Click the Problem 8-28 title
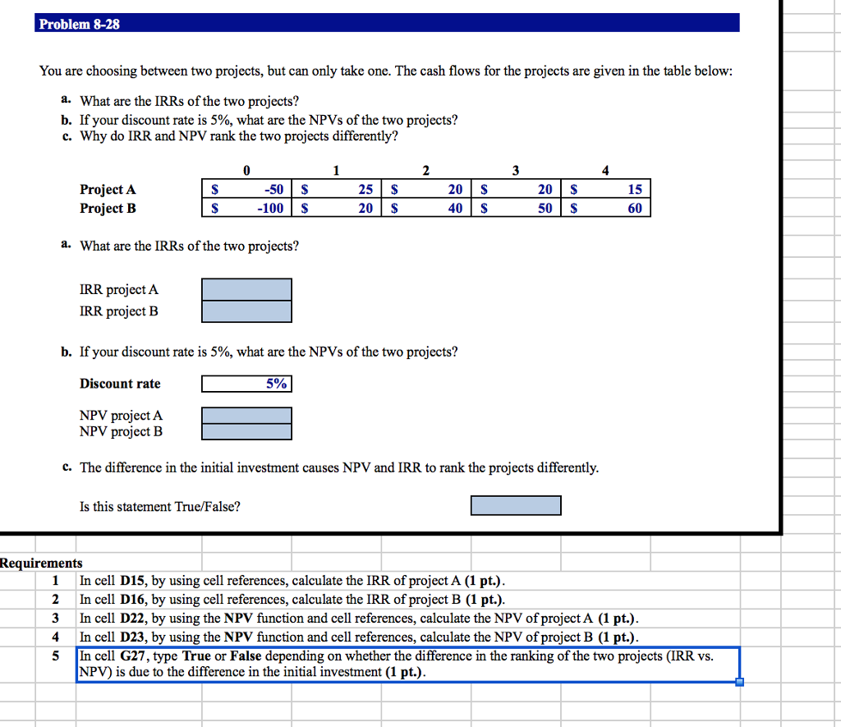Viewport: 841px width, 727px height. coord(80,24)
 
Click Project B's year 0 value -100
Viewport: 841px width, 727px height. coord(270,208)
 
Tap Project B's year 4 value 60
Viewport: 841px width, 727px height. coord(634,208)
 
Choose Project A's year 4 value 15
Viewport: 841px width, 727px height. coord(634,189)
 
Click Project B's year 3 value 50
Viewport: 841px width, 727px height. coord(545,208)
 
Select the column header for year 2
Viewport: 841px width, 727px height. coord(425,171)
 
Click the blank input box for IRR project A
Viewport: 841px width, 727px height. coord(246,289)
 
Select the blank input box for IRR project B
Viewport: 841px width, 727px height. coord(246,311)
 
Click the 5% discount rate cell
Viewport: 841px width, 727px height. coord(246,384)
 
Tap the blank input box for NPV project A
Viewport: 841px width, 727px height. coord(246,416)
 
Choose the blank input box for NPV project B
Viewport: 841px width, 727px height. coord(246,431)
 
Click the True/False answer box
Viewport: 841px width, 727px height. coord(516,505)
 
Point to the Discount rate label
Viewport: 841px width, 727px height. coord(120,384)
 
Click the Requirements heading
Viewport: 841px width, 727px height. coord(41,563)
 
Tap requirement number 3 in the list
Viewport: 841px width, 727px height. coord(56,618)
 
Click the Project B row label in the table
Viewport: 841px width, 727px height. coord(108,208)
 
